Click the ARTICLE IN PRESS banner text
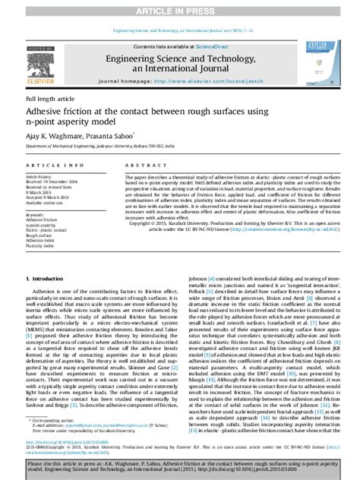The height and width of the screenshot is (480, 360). (180, 10)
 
